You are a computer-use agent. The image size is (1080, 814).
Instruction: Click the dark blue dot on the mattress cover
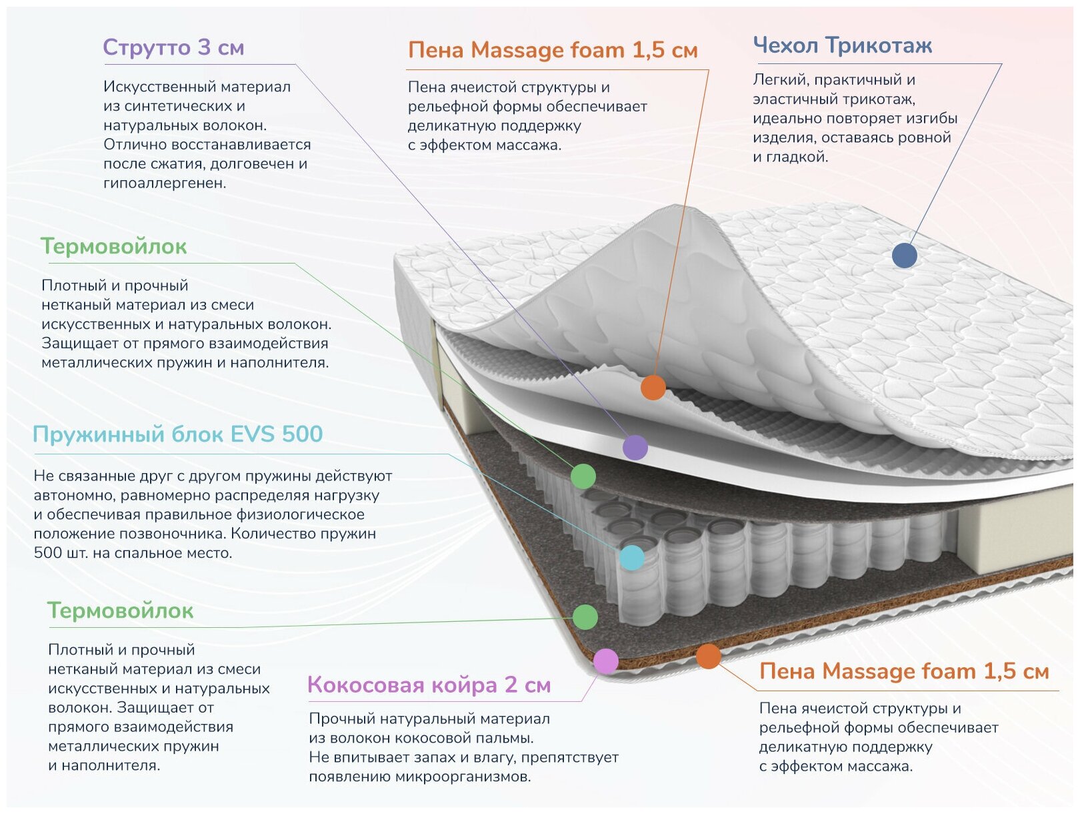pos(904,255)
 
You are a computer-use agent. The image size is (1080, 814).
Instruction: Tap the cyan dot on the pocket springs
pos(632,557)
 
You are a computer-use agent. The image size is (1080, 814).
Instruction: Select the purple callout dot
pos(635,447)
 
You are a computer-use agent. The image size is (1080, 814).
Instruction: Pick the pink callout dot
pos(605,661)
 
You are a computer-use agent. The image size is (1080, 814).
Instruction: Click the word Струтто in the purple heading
pos(147,47)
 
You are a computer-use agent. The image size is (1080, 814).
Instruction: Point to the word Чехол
pos(786,45)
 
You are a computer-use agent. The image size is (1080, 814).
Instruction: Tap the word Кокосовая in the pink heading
pos(367,685)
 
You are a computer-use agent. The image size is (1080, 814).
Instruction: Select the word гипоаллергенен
pos(165,183)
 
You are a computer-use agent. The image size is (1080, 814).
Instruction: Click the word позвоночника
pos(171,534)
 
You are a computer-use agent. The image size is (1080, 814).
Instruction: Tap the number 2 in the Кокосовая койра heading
pos(511,685)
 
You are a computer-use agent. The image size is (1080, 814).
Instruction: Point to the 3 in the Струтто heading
pos(204,47)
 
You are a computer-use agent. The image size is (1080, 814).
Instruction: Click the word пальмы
pos(510,738)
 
